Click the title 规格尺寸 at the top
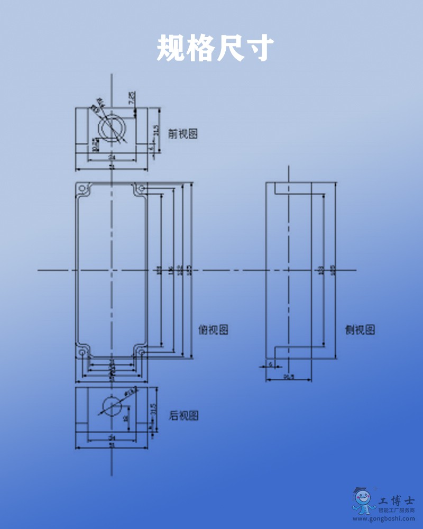click(x=215, y=49)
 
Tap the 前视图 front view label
click(x=182, y=134)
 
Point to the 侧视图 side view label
click(x=360, y=330)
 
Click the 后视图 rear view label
click(x=183, y=416)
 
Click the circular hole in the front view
click(x=112, y=127)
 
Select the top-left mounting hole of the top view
click(x=82, y=188)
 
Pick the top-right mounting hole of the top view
click(x=141, y=188)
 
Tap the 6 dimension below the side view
click(x=271, y=365)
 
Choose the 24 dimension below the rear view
click(x=112, y=438)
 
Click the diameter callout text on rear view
click(x=130, y=392)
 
